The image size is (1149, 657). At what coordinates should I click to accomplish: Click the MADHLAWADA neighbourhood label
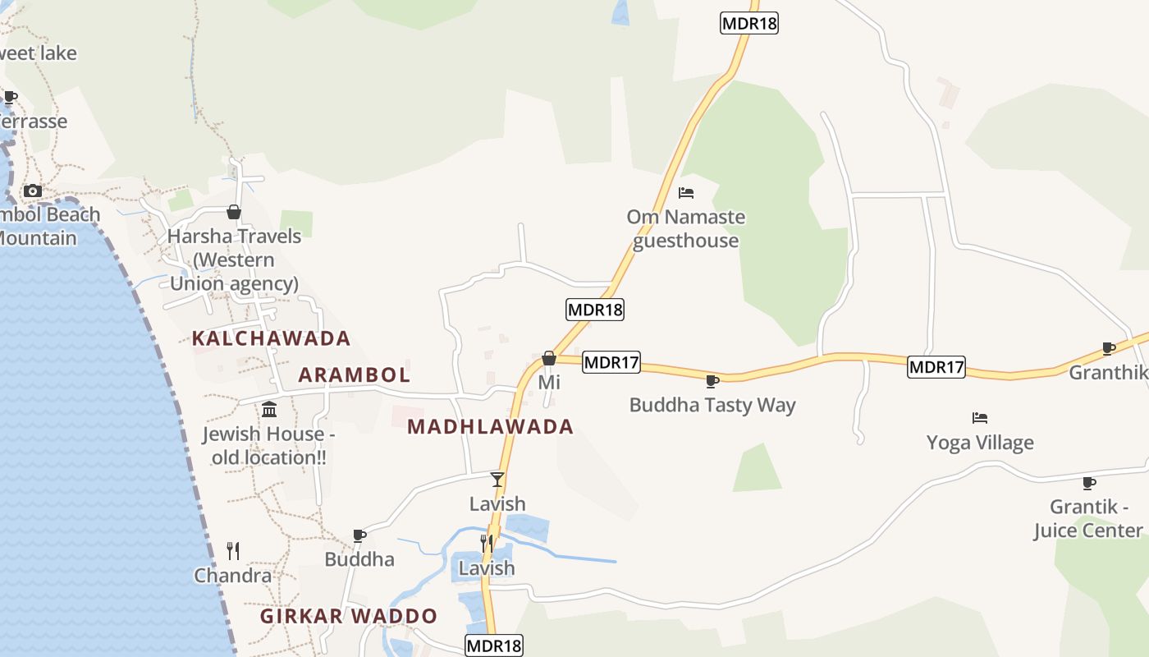click(x=490, y=427)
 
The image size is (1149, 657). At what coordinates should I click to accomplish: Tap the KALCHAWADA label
click(x=271, y=338)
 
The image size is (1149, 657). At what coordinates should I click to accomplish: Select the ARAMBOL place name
click(x=354, y=375)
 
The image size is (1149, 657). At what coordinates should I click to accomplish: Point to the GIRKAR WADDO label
click(x=349, y=616)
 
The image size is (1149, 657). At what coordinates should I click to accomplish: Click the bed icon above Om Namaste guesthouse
click(x=686, y=193)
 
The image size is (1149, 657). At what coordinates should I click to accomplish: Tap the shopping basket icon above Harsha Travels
click(x=234, y=213)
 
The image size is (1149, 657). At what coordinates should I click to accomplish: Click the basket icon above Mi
click(x=549, y=358)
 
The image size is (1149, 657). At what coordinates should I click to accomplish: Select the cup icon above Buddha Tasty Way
click(x=712, y=381)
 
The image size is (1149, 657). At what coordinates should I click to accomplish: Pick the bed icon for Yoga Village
click(x=980, y=418)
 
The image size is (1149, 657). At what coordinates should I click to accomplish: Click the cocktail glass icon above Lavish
click(x=497, y=480)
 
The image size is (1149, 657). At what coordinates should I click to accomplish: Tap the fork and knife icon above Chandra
click(x=233, y=550)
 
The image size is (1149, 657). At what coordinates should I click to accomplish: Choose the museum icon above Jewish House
click(x=269, y=409)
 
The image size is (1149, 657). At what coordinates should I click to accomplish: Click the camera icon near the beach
click(x=33, y=191)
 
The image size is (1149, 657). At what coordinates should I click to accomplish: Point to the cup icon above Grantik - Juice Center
click(x=1089, y=483)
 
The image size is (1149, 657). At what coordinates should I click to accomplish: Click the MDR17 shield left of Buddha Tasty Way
click(x=611, y=362)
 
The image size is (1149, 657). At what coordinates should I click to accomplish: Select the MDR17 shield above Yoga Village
click(x=936, y=367)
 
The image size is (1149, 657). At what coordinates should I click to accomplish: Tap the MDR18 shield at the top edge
click(x=749, y=23)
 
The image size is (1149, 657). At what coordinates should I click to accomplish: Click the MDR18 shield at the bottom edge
click(x=493, y=646)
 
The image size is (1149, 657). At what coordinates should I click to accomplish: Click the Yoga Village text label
click(x=980, y=443)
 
